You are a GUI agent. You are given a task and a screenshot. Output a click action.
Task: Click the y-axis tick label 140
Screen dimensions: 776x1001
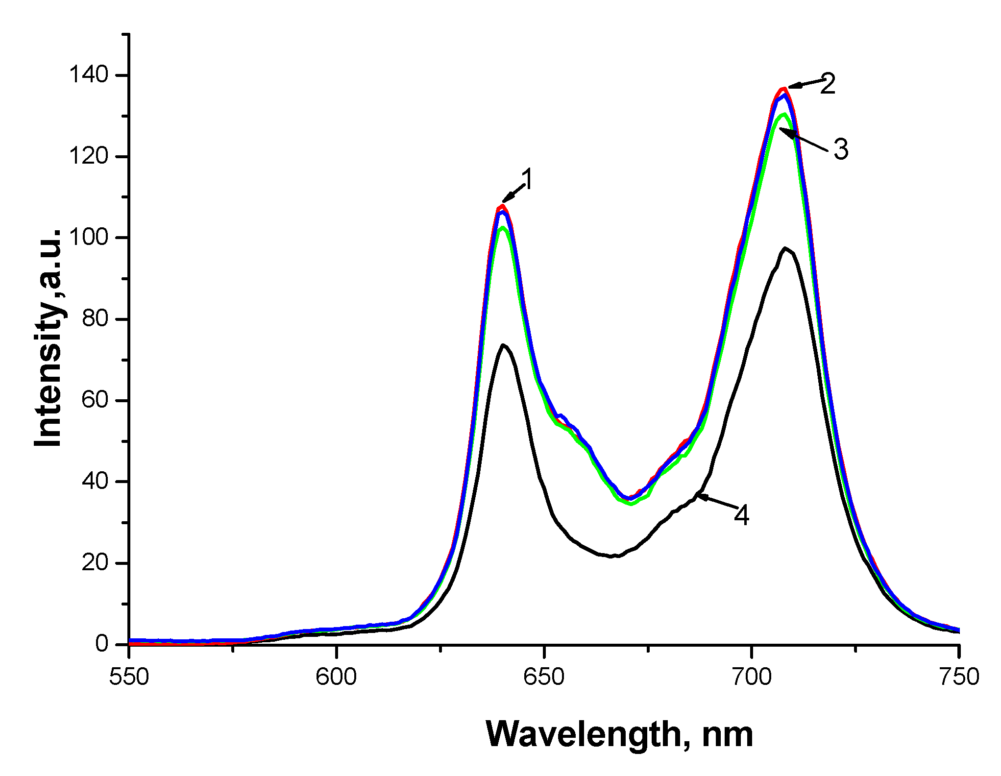coord(88,75)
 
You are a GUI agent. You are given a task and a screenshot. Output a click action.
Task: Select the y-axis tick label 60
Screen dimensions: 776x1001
coord(95,400)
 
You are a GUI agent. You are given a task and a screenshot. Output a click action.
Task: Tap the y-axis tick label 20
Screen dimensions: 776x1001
coord(95,562)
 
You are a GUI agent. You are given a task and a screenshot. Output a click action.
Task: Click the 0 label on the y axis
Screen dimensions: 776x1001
coord(102,643)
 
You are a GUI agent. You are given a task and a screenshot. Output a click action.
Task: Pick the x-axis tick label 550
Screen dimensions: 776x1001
coord(129,677)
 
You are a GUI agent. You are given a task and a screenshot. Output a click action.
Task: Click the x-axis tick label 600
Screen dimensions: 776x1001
coord(336,677)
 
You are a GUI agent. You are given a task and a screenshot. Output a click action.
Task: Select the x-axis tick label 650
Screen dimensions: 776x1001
coord(544,677)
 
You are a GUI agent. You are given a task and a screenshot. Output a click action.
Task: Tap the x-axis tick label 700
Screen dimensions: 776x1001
coord(751,677)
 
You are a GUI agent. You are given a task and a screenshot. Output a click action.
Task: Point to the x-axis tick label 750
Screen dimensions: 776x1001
coord(958,677)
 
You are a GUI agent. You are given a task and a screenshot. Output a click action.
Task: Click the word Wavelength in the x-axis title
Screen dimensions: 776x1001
coord(584,735)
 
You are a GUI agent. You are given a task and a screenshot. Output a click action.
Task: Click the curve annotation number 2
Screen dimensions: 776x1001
coord(828,84)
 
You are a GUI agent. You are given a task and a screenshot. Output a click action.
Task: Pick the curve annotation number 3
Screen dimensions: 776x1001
coord(841,149)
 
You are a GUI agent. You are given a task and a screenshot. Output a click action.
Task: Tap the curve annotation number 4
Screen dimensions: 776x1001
coord(741,515)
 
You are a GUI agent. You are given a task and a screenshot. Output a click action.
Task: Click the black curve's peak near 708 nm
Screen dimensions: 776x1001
coord(785,248)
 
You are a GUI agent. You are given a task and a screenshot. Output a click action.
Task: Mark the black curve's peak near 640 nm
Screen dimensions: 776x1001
coord(503,345)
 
